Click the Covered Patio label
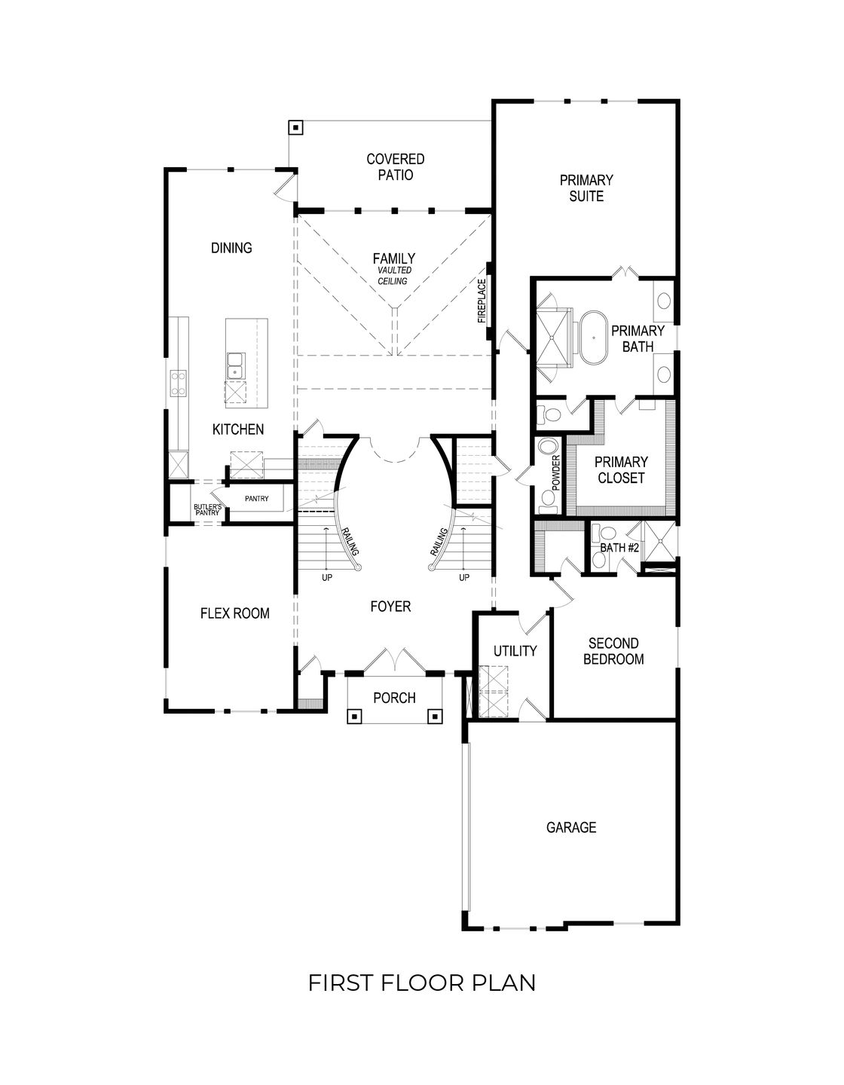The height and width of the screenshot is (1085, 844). coord(395,167)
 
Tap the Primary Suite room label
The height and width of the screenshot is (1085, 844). coord(586,188)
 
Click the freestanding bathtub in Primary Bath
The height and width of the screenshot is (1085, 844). coord(592,341)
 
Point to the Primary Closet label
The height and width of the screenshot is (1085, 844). coord(620,469)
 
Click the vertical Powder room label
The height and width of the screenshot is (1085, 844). coord(557,473)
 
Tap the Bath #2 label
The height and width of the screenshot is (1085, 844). coord(619,548)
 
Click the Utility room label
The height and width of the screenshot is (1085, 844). coord(515,650)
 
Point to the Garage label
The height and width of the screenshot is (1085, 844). coord(570,827)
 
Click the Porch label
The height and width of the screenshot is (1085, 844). coord(394,698)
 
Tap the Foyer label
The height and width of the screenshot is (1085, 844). coord(390,606)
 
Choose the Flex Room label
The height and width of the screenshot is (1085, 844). coord(234,613)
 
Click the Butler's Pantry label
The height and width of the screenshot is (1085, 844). coord(206,510)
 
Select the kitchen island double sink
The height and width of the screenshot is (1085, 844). coord(235,365)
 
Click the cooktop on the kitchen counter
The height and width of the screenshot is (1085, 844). coord(179,382)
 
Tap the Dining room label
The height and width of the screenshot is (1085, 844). coord(231,248)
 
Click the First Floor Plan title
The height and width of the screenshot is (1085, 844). coord(422,983)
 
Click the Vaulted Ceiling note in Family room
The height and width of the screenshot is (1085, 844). coord(393,276)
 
